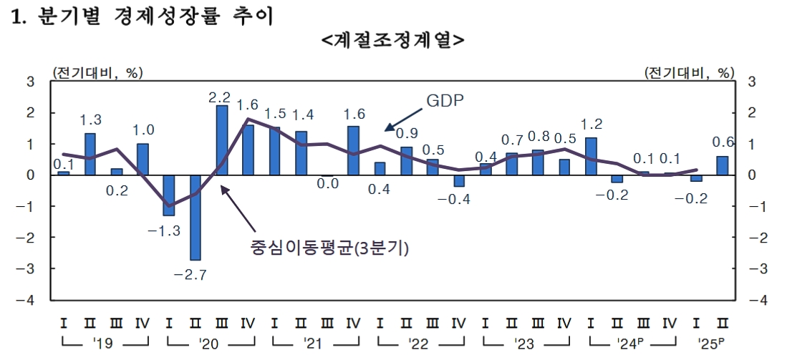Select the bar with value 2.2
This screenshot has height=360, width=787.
pos(222,140)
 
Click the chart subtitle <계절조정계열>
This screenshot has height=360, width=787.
pos(393,40)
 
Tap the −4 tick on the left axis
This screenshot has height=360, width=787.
pos(29,300)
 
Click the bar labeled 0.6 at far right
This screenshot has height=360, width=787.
pos(722,165)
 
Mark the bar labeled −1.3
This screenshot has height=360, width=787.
pos(169,195)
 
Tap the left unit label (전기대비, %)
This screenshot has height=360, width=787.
pos(97,72)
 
